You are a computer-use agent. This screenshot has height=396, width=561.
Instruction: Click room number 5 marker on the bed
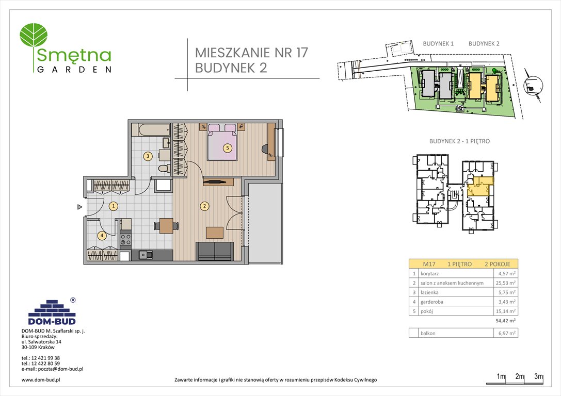coord(227,148)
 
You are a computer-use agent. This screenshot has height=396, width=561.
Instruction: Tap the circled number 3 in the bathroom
coord(148,156)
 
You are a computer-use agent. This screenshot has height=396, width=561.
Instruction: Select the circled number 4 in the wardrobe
coord(102,236)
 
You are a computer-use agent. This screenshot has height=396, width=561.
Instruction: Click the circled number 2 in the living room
coord(204,206)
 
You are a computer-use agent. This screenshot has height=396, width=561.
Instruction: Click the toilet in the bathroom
coord(164,168)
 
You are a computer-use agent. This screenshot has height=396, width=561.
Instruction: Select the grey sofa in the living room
coord(215,252)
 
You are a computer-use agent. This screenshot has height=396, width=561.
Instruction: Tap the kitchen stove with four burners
coord(126,239)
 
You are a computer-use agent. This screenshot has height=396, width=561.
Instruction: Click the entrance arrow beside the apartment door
coord(79,207)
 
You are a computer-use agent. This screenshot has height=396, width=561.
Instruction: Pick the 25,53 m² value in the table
coord(505,283)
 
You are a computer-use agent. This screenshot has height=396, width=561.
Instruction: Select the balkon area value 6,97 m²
coord(505,333)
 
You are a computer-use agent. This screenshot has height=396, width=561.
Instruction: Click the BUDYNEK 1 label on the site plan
coord(438,44)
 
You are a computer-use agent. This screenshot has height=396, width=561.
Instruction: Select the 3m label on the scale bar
coord(538,376)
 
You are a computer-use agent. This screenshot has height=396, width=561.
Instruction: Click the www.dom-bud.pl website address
coord(41,380)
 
